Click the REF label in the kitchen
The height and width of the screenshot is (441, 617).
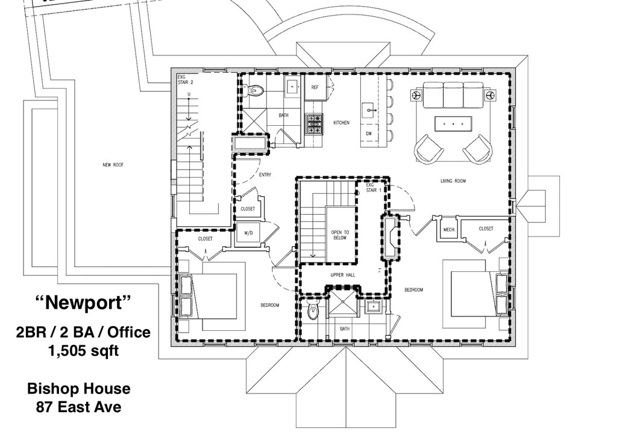point(315,87)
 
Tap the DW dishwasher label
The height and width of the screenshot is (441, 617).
point(368,133)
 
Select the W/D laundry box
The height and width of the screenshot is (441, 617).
point(248,232)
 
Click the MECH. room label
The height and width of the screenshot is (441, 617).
point(449,229)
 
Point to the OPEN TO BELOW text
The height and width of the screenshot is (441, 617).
point(340,235)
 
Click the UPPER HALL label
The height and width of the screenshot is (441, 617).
point(341,275)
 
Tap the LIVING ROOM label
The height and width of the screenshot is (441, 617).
point(453,180)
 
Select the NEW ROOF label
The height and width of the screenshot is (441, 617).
point(113,164)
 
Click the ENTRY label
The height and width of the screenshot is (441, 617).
point(265,175)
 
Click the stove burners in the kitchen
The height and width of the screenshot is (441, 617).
point(314,124)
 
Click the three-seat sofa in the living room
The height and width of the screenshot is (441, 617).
point(453,94)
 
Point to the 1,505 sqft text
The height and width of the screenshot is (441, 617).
point(83,351)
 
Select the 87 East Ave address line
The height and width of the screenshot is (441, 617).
point(78,407)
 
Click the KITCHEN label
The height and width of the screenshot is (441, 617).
point(341,123)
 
